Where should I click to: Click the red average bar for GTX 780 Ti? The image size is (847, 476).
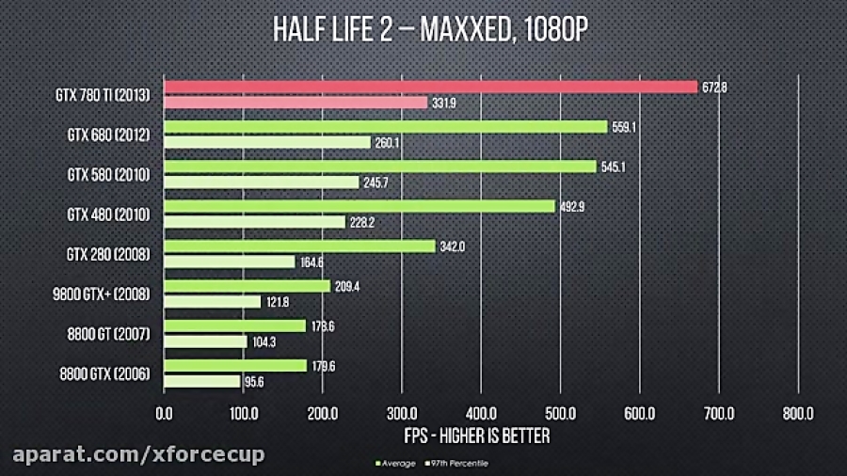431,87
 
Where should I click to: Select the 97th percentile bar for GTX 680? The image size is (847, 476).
267,142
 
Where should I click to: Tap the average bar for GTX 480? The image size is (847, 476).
360,206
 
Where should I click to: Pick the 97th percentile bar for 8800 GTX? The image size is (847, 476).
202,381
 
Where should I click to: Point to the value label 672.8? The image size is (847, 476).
714,87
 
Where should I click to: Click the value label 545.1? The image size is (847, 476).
612,167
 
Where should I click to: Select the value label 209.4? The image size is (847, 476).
346,285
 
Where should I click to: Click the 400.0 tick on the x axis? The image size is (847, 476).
481,413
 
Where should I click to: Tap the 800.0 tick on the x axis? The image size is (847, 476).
798,413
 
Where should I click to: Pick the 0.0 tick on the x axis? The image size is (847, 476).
164,413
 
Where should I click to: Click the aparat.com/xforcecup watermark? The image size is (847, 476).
133,455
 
